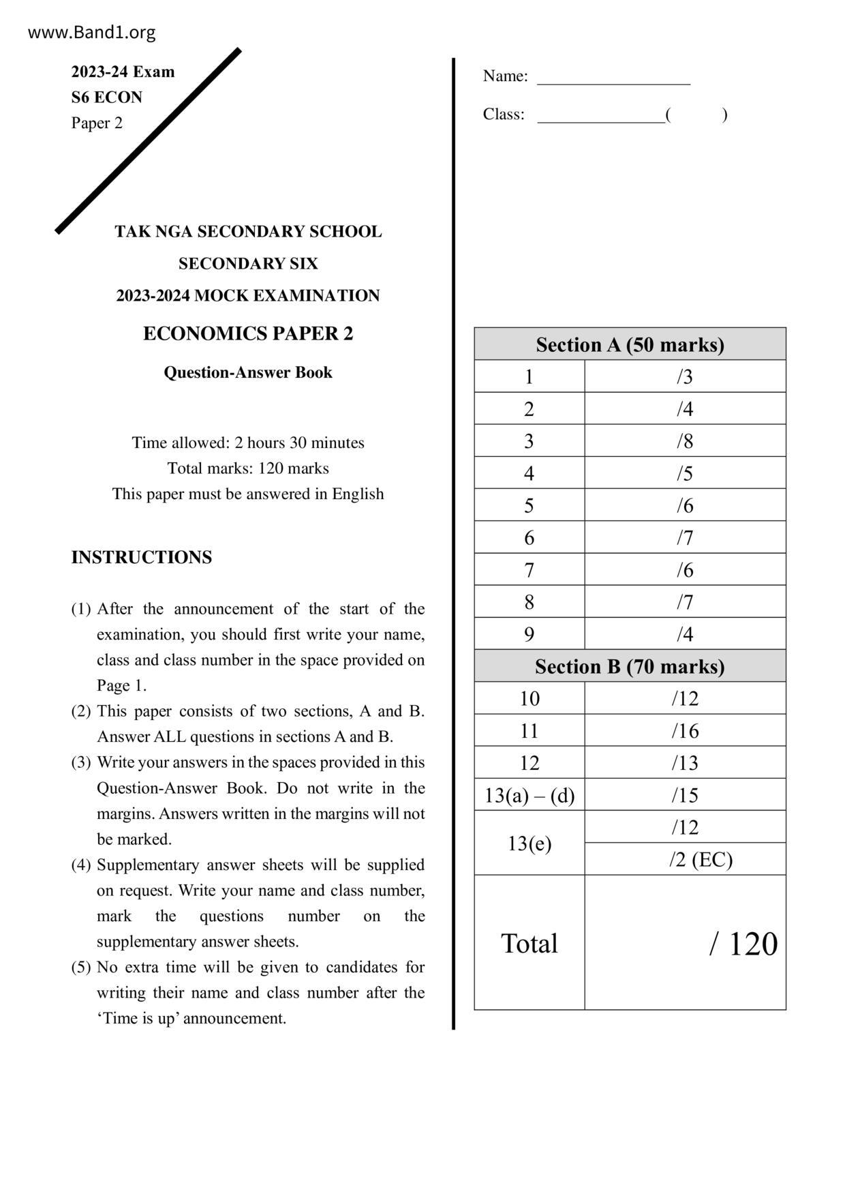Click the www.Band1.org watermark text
91,32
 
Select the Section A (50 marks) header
630,344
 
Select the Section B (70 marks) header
630,666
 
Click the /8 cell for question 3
685,441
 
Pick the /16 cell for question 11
685,731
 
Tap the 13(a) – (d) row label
529,795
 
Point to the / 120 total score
743,944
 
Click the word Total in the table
529,944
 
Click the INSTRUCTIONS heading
142,557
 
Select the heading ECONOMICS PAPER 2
248,333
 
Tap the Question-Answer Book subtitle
248,372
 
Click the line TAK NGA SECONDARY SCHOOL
248,232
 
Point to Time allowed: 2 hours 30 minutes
248,443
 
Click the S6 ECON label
107,98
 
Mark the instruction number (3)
81,762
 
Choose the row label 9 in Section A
529,634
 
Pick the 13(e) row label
529,843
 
